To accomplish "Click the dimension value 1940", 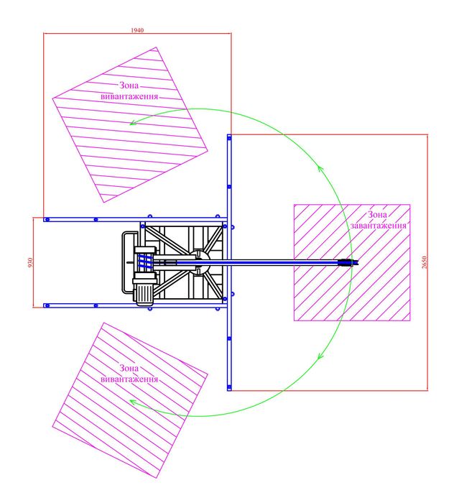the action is tap(137, 30).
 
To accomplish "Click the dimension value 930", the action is tap(30, 263).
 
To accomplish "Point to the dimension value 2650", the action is tap(425, 262).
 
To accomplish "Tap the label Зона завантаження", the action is tap(378, 220).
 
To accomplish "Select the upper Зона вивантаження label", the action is tap(129, 91).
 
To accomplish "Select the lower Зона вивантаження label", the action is tap(129, 374).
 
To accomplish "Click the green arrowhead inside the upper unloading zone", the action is tap(133, 122).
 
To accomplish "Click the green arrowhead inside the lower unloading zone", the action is tap(133, 402).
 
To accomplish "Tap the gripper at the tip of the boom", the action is tap(348, 262).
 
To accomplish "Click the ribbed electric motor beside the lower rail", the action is tap(145, 291).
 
